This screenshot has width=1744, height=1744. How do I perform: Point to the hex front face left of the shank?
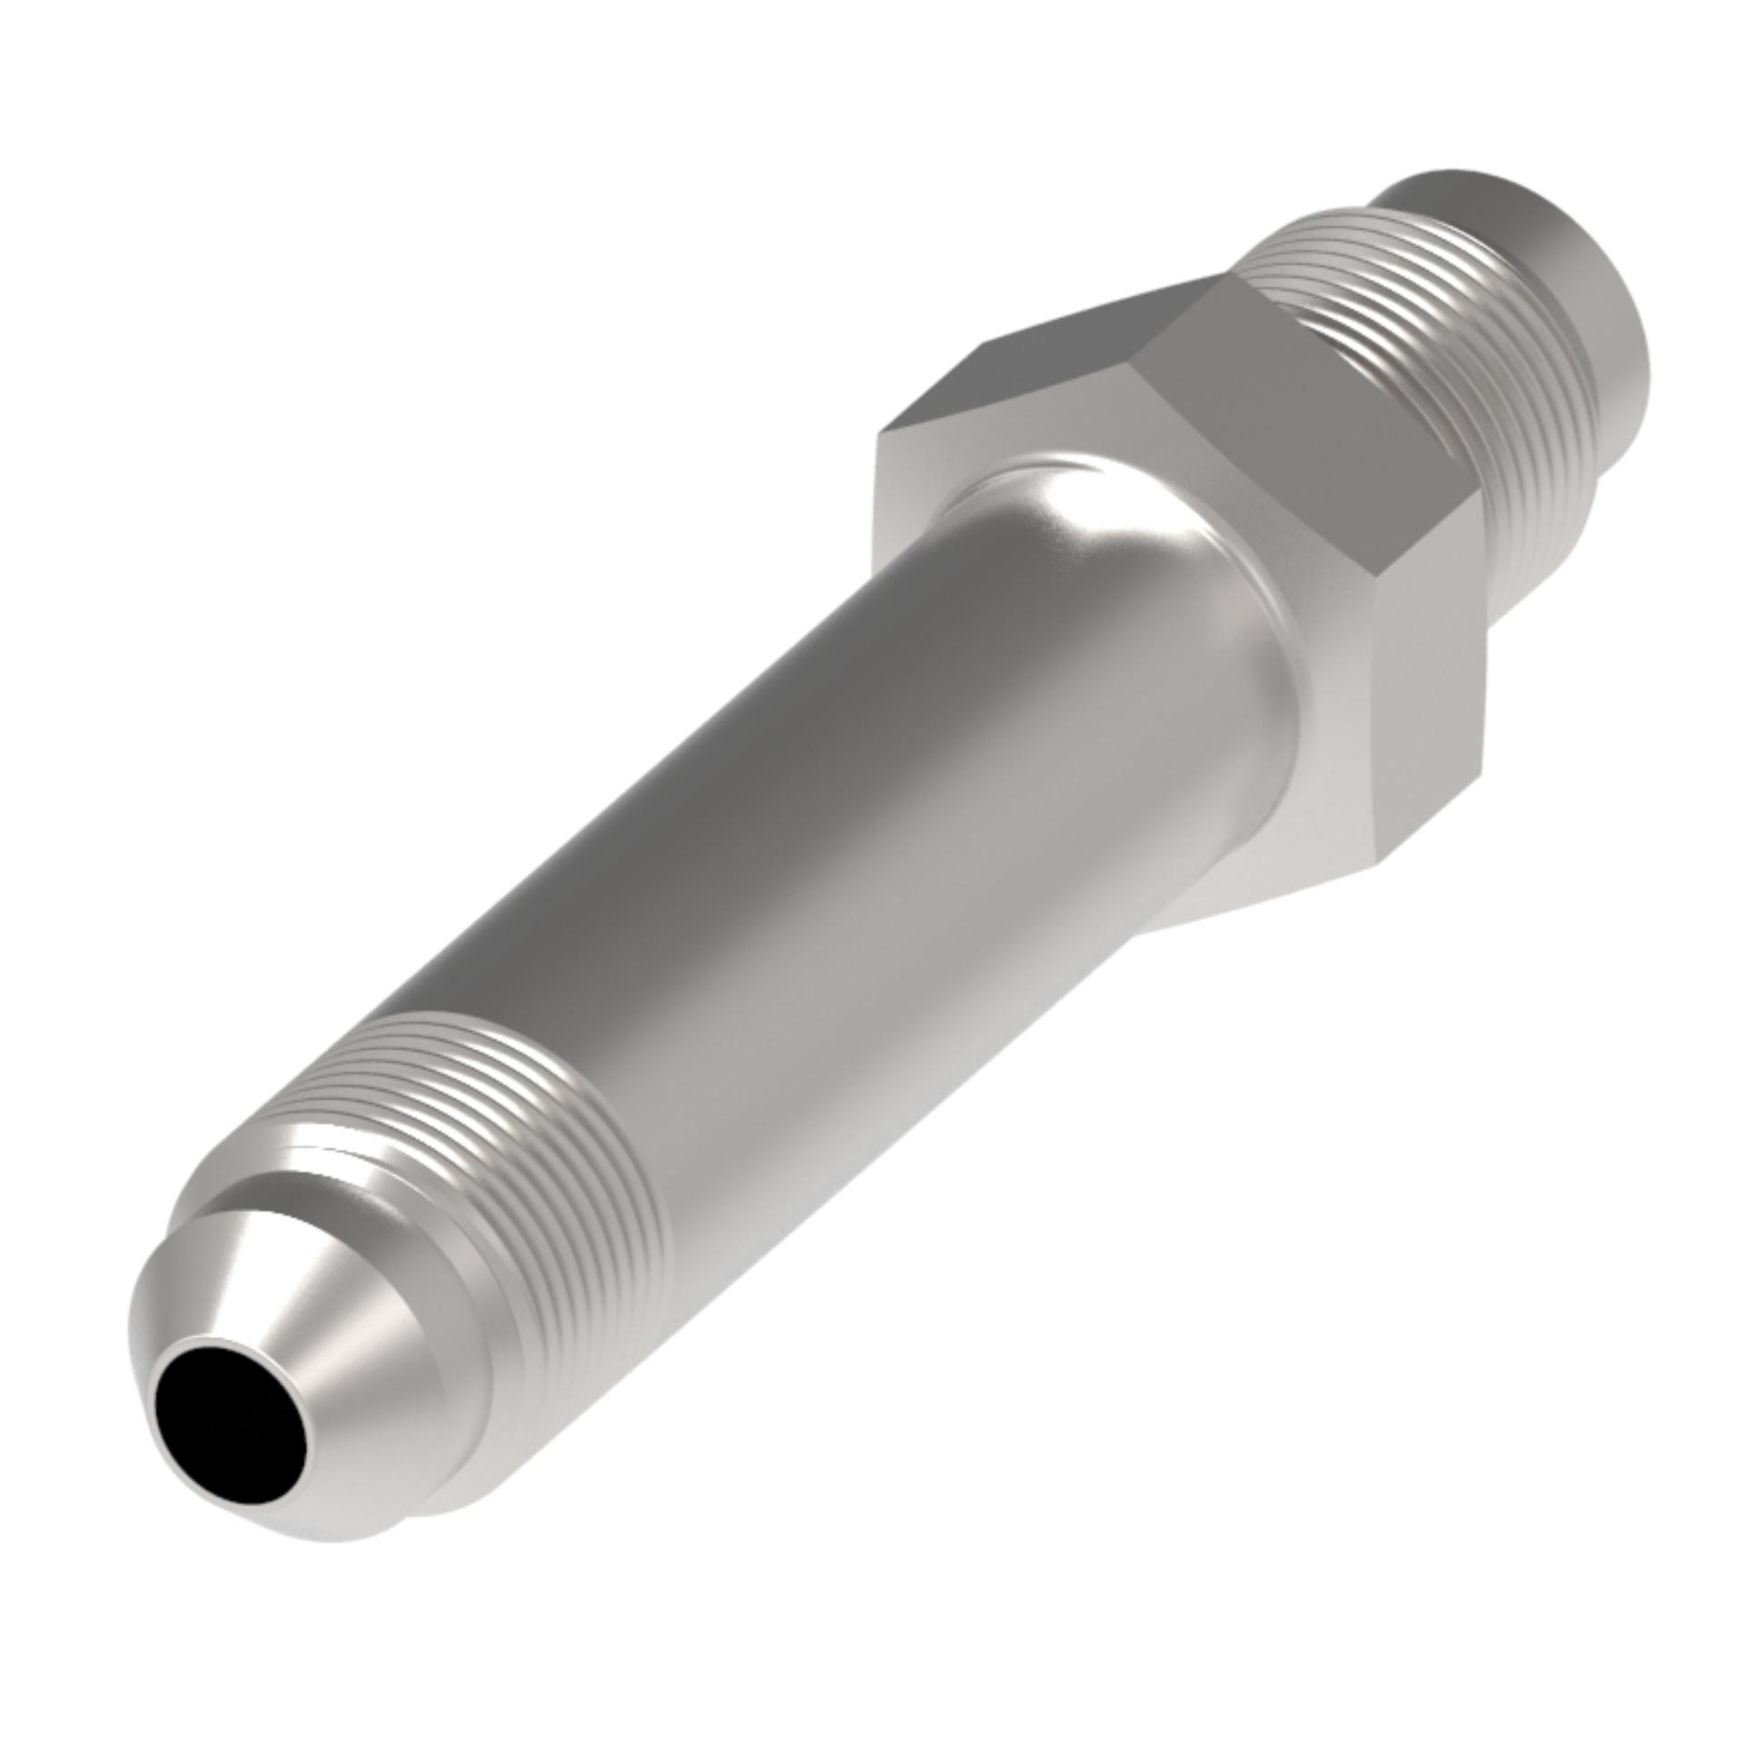click(908, 509)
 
